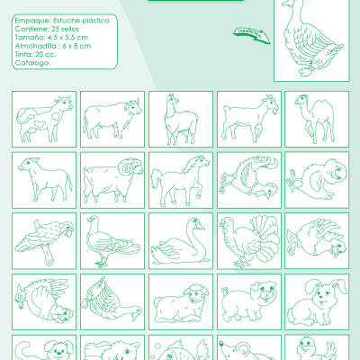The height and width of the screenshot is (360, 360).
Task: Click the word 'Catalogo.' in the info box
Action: click(x=32, y=87)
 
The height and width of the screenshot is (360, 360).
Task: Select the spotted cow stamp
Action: click(x=44, y=119)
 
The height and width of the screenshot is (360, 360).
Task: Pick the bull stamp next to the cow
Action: click(x=112, y=119)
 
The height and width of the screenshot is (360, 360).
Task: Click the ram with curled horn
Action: click(x=112, y=180)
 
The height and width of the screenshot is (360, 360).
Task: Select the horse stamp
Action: click(x=180, y=180)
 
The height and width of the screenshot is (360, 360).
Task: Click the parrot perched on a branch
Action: click(x=44, y=240)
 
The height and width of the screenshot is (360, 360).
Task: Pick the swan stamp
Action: click(x=180, y=240)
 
